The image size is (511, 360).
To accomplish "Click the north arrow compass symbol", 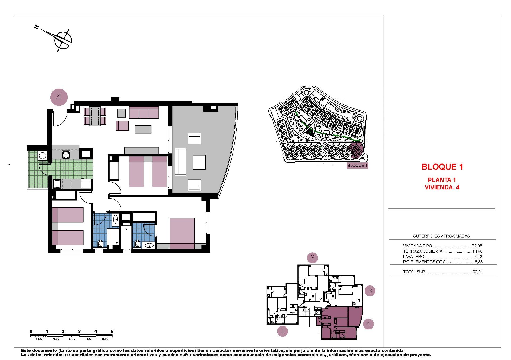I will pyautogui.click(x=63, y=40).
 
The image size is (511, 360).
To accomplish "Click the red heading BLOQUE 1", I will pyautogui.click(x=442, y=167).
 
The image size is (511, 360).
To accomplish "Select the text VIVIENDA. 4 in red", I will pyautogui.click(x=442, y=187).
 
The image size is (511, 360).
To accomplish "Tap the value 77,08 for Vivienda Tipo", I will pyautogui.click(x=477, y=246).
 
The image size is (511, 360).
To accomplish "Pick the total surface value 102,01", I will pyautogui.click(x=476, y=272).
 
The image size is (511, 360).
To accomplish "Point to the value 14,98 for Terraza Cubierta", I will pyautogui.click(x=477, y=251).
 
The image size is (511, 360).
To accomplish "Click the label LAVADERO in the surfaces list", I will pyautogui.click(x=414, y=257).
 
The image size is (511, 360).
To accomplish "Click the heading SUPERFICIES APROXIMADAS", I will pyautogui.click(x=441, y=236).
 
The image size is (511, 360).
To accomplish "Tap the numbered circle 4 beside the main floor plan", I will pyautogui.click(x=59, y=97).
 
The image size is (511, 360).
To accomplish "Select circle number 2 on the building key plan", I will pyautogui.click(x=312, y=258).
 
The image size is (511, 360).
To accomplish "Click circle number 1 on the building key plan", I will pyautogui.click(x=282, y=332).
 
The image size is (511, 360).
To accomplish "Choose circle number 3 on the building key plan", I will pyautogui.click(x=370, y=291).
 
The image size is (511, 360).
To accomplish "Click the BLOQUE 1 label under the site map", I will pyautogui.click(x=357, y=165).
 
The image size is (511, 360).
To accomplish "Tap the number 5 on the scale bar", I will pyautogui.click(x=112, y=332).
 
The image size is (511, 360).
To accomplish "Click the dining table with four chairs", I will pyautogui.click(x=95, y=116).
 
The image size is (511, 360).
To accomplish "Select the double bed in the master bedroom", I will pyautogui.click(x=182, y=232).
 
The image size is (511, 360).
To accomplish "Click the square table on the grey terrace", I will pyautogui.click(x=199, y=162).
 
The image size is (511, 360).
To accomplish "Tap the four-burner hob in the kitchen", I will pyautogui.click(x=66, y=155).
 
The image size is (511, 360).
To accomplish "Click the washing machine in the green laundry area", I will pyautogui.click(x=42, y=155).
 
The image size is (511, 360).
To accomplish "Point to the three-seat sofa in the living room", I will pyautogui.click(x=144, y=112).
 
